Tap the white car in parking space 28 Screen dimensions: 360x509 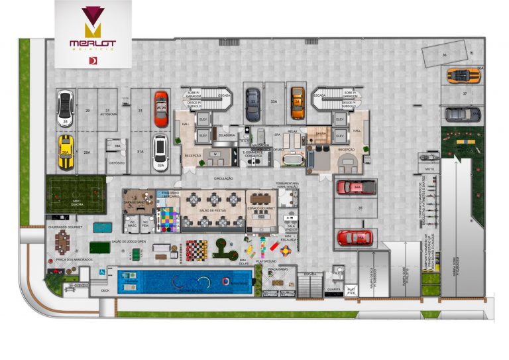(64, 107)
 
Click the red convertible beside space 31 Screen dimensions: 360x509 (160, 108)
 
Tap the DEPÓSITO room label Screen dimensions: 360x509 (117, 161)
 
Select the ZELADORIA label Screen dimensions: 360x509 (227, 135)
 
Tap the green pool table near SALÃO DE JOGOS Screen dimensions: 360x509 (99, 247)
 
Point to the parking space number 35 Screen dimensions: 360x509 (361, 208)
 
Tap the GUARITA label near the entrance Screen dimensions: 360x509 (335, 290)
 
